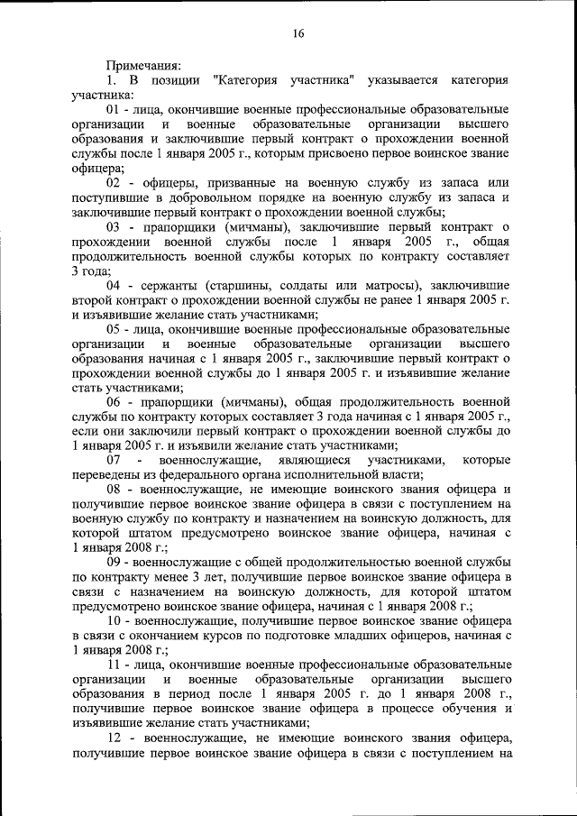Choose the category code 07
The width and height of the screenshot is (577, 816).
(114, 461)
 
